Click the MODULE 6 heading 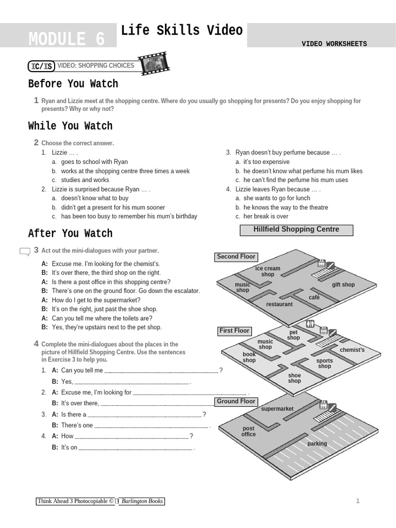(67, 39)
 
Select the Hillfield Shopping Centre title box (296, 229)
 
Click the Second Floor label (236, 257)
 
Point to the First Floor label (235, 331)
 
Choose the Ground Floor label (236, 402)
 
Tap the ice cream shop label (268, 271)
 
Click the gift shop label (343, 285)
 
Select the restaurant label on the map (279, 304)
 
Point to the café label (314, 298)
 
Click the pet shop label (293, 335)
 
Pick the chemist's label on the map (352, 350)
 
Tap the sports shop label (324, 364)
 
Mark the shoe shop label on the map (294, 378)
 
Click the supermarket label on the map (277, 409)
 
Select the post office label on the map (249, 432)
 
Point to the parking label (317, 443)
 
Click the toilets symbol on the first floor (310, 324)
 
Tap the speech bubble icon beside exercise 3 (25, 252)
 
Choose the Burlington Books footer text (142, 501)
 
